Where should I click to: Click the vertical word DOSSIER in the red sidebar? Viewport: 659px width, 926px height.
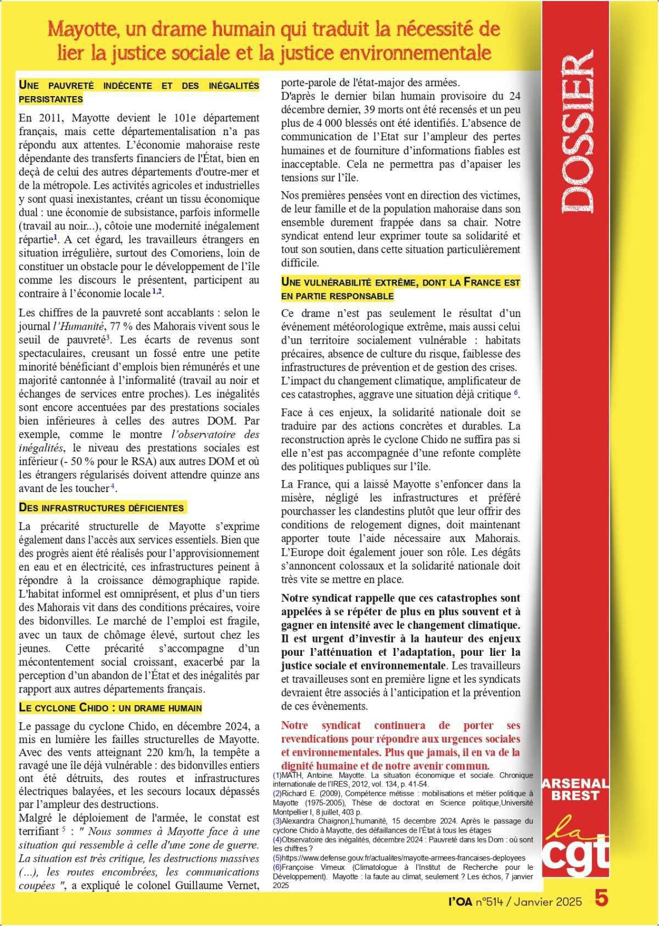pos(578,132)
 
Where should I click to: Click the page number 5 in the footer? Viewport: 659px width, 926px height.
pos(601,900)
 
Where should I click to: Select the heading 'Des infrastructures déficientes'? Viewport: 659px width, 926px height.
pos(101,506)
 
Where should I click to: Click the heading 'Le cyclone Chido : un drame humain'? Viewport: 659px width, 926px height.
pos(110,707)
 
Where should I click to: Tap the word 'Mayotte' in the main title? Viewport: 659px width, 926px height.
pos(81,29)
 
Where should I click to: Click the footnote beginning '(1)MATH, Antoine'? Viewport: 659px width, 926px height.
pos(402,780)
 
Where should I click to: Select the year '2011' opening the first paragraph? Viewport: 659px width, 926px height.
pos(50,118)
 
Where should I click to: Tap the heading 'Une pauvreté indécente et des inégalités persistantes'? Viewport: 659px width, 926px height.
pos(138,92)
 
